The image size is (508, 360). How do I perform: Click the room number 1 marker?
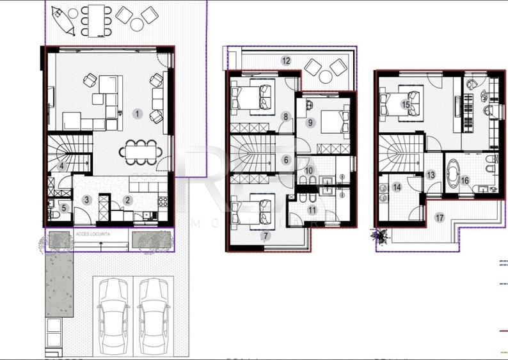point(137,114)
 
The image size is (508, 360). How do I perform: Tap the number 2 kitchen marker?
point(128,200)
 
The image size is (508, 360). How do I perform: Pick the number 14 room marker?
point(397,187)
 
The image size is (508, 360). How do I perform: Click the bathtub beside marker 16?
point(455,171)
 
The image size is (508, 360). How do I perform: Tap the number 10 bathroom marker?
point(309,171)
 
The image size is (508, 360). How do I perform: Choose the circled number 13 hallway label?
point(431,174)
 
